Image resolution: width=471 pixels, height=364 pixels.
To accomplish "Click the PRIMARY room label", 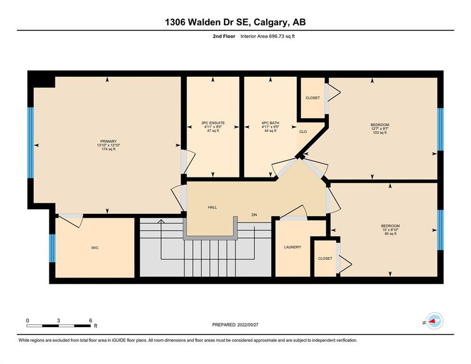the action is pyautogui.click(x=109, y=142).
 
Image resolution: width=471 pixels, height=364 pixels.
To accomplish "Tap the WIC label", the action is pyautogui.click(x=94, y=248).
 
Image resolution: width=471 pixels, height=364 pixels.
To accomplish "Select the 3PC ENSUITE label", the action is pyautogui.click(x=213, y=123).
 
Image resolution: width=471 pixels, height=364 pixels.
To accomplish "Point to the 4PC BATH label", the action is pyautogui.click(x=270, y=123).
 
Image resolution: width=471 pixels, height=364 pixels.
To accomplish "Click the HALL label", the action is pyautogui.click(x=212, y=207).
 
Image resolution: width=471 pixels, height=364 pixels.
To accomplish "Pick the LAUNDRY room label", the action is pyautogui.click(x=292, y=247).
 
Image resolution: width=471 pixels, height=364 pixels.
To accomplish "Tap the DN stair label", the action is pyautogui.click(x=254, y=215).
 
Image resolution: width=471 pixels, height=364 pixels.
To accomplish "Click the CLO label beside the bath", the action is pyautogui.click(x=303, y=131).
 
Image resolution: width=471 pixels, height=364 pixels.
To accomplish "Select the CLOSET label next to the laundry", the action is pyautogui.click(x=325, y=258).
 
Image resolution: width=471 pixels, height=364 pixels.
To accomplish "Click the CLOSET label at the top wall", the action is pyautogui.click(x=313, y=98).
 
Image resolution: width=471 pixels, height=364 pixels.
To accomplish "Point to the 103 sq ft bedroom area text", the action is pyautogui.click(x=379, y=133).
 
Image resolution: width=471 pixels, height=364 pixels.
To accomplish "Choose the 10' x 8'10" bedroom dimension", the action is pyautogui.click(x=390, y=230).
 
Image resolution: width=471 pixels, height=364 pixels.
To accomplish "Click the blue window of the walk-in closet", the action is pyautogui.click(x=52, y=248).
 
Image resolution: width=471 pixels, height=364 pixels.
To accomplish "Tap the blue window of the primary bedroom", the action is pyautogui.click(x=31, y=143).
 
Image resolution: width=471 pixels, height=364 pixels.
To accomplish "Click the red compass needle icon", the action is pyautogui.click(x=433, y=321).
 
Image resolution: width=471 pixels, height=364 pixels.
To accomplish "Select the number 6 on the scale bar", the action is pyautogui.click(x=90, y=320).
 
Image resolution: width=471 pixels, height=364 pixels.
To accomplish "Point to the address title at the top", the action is pyautogui.click(x=235, y=22).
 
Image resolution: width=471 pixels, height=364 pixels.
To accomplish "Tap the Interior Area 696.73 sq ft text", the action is pyautogui.click(x=268, y=36).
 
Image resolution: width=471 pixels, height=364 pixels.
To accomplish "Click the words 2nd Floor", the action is pyautogui.click(x=224, y=36).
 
